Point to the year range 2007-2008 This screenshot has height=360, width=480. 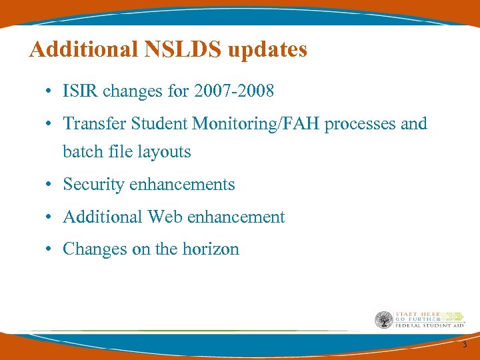[233, 91]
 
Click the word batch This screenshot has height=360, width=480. [82, 152]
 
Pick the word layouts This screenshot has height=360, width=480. [165, 152]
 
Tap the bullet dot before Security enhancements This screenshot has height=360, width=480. [51, 185]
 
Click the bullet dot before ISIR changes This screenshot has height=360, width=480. [51, 91]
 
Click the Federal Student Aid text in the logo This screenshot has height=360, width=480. [430, 326]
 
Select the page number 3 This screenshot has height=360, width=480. [465, 345]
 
